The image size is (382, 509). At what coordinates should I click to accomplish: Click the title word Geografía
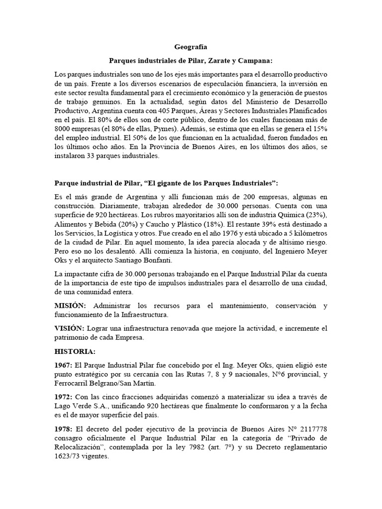tap(191, 48)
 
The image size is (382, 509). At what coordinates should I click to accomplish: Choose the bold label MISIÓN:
tap(70, 306)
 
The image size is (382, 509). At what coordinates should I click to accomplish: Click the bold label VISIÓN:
tap(70, 329)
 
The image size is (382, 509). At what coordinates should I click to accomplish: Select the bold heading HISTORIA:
tap(75, 351)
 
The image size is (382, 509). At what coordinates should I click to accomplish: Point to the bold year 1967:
tap(65, 365)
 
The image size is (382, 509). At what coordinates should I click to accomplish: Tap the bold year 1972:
tap(65, 397)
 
